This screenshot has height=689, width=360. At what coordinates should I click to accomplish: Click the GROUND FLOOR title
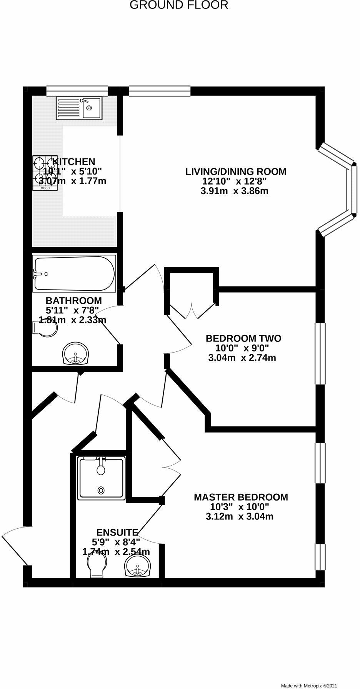pyautogui.click(x=179, y=5)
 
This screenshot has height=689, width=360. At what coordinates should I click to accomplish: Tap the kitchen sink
pyautogui.click(x=79, y=107)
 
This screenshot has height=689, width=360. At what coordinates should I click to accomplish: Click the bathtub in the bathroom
pyautogui.click(x=74, y=274)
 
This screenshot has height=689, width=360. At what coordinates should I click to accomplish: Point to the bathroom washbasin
pyautogui.click(x=76, y=354)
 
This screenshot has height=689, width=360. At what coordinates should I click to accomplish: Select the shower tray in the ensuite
pyautogui.click(x=101, y=478)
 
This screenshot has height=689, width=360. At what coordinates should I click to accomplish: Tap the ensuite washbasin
pyautogui.click(x=137, y=567)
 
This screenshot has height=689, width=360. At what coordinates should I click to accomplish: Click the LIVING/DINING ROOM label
pyautogui.click(x=236, y=171)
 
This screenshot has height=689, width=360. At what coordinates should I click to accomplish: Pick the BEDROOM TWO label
pyautogui.click(x=243, y=338)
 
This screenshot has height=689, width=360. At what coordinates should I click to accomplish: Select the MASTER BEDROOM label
pyautogui.click(x=241, y=497)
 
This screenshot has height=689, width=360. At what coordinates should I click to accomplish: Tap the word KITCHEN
pyautogui.click(x=73, y=161)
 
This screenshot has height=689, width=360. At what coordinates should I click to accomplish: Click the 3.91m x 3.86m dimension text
pyautogui.click(x=234, y=191)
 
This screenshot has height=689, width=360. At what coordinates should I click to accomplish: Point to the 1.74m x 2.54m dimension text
pyautogui.click(x=116, y=552)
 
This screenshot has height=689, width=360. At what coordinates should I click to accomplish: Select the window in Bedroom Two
pyautogui.click(x=320, y=353)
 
